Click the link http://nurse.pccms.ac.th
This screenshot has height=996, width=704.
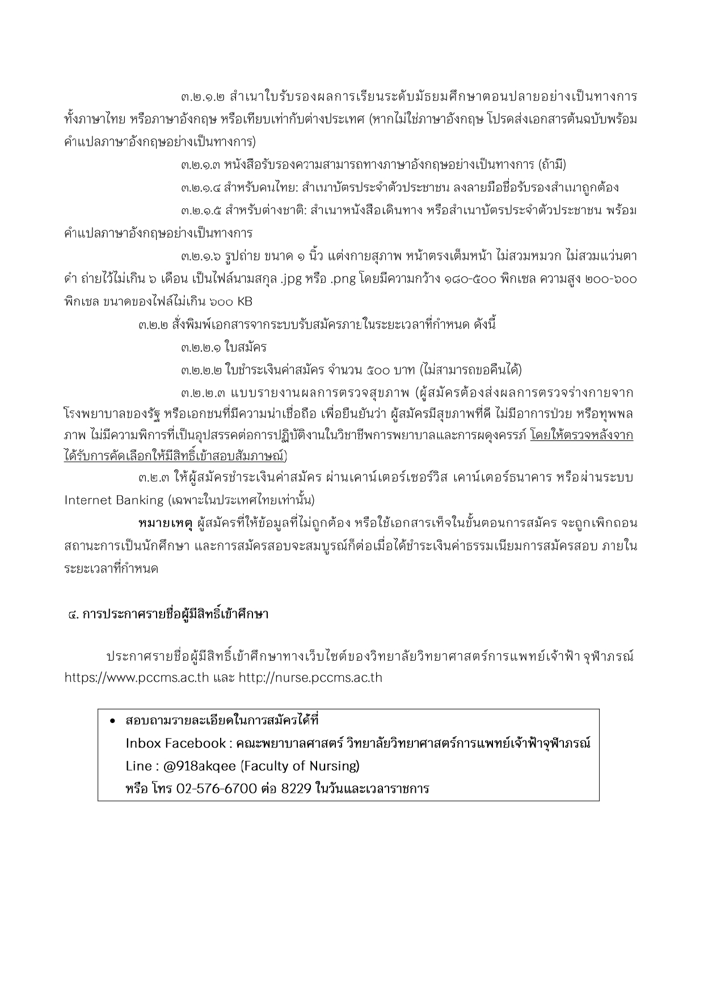310,678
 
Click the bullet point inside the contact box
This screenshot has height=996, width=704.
113,721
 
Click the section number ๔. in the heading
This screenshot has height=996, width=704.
73,615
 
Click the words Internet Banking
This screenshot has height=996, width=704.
113,501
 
